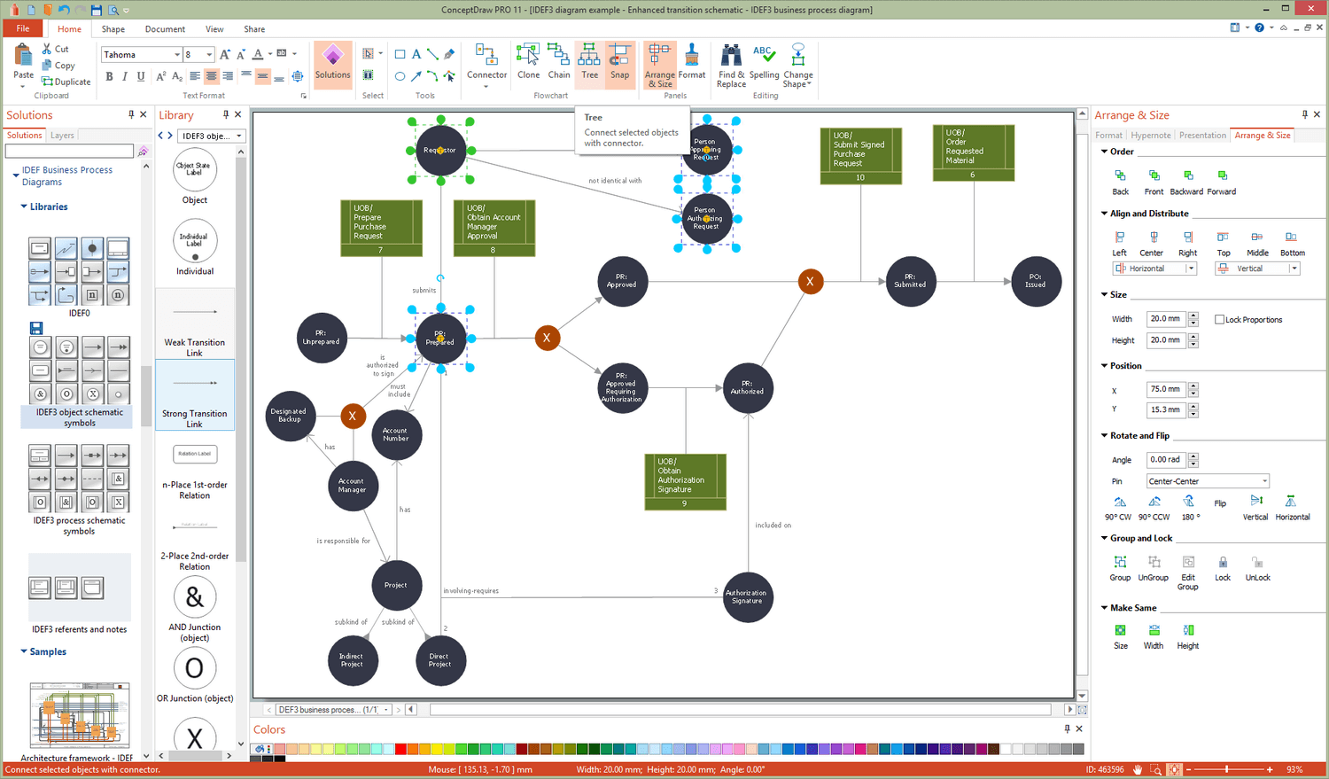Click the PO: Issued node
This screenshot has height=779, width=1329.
click(x=1036, y=282)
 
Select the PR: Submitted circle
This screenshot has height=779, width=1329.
click(x=910, y=282)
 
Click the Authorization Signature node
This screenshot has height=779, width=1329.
click(x=747, y=597)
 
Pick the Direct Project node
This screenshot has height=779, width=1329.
click(x=440, y=660)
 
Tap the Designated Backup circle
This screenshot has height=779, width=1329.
click(x=290, y=416)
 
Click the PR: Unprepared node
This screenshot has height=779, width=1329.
click(x=322, y=338)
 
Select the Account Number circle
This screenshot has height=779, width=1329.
click(x=396, y=434)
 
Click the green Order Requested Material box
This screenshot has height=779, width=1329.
click(x=973, y=152)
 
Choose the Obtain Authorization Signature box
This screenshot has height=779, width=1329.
click(x=685, y=481)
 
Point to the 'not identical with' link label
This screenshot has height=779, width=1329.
click(x=615, y=181)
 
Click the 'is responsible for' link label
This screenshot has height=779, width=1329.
click(x=344, y=541)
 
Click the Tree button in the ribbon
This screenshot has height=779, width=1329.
click(x=589, y=62)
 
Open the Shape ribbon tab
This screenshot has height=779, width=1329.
click(x=113, y=29)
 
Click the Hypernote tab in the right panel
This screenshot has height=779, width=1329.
click(x=1151, y=136)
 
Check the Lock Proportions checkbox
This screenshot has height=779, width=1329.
click(x=1220, y=320)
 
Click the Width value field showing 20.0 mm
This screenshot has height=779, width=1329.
click(x=1165, y=319)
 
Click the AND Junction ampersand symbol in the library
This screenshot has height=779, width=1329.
click(x=195, y=598)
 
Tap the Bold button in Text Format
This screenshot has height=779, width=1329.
click(x=109, y=77)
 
